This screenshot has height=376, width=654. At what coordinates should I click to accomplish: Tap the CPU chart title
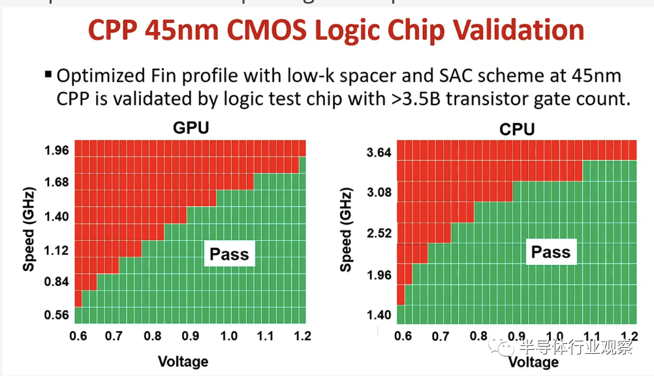(x=516, y=129)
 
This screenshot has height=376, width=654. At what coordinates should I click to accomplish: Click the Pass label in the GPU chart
(x=229, y=254)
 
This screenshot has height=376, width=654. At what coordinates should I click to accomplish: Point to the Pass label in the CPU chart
(x=550, y=252)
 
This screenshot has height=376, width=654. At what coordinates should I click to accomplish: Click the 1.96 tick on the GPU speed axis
(x=56, y=151)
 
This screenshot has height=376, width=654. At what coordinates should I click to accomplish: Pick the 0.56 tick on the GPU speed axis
(x=56, y=315)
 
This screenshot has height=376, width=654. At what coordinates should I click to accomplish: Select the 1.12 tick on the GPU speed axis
(x=56, y=250)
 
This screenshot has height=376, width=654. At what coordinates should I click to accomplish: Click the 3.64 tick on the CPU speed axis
(x=379, y=153)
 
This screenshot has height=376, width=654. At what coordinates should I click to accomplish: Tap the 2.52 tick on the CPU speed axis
(x=379, y=234)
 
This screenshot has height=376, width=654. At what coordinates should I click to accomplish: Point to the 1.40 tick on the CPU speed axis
(x=379, y=315)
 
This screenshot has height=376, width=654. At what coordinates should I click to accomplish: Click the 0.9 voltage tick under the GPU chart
(x=191, y=336)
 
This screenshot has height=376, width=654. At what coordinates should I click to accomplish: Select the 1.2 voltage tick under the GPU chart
(x=301, y=336)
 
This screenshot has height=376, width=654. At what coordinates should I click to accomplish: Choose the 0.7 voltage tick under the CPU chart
(x=441, y=337)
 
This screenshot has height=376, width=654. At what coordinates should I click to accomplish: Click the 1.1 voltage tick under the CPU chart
(x=591, y=337)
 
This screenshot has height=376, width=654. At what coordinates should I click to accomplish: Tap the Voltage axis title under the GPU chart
(x=183, y=361)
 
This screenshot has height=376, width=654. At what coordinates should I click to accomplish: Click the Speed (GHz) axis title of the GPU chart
(x=29, y=231)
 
